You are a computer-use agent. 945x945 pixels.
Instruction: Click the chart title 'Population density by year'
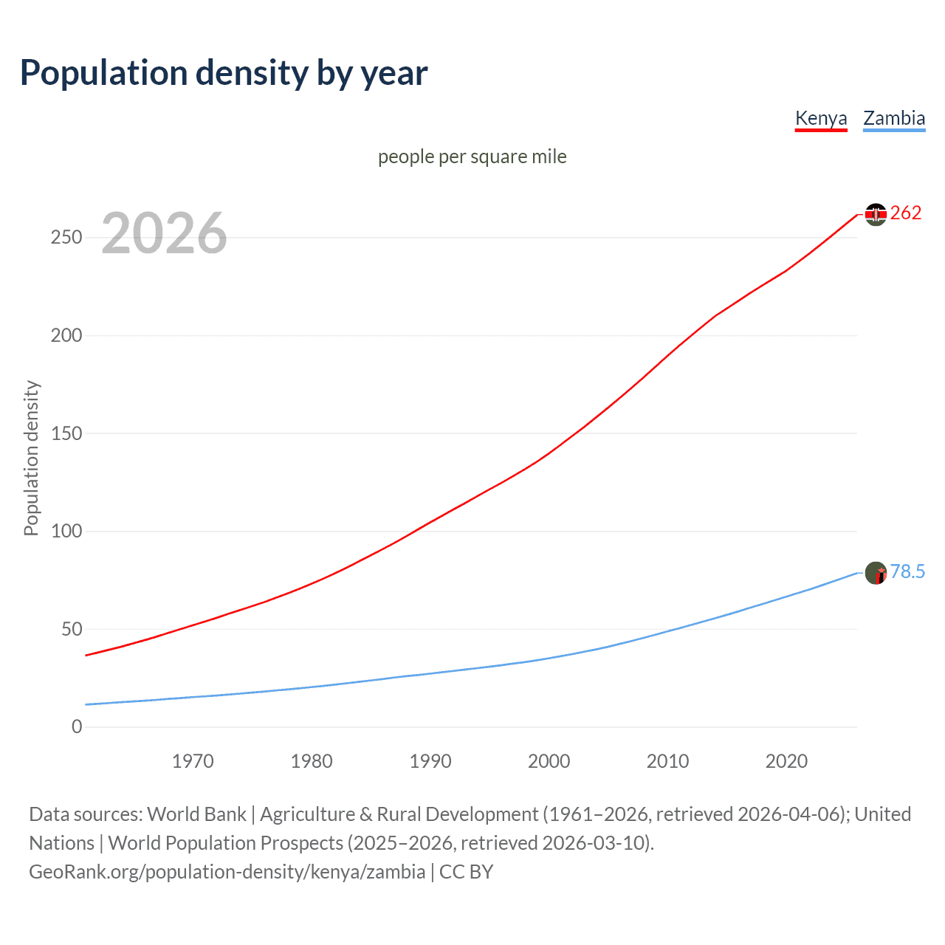pos(224,73)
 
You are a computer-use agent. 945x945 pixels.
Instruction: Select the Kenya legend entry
pos(820,118)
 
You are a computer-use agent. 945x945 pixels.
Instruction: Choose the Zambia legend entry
pos(893,118)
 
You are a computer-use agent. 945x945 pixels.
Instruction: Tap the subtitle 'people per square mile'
pos(472,157)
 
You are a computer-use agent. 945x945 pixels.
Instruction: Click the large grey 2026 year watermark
pos(164,233)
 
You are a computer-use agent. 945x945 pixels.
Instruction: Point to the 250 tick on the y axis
pos(66,238)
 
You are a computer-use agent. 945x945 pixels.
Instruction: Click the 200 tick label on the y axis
pos(66,335)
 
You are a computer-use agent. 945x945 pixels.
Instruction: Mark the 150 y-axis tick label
pos(66,433)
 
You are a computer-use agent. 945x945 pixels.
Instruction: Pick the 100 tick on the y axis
pos(66,532)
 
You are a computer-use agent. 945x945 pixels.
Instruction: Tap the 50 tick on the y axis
pos(72,629)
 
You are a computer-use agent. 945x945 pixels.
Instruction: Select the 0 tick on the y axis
pos(77,727)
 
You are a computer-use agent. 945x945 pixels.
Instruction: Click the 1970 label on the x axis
pos(193,761)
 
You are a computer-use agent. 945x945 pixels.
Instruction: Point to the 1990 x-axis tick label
pos(430,761)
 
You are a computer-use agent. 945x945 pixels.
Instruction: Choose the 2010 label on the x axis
pos(667,761)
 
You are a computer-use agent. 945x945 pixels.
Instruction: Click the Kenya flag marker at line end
pos(876,214)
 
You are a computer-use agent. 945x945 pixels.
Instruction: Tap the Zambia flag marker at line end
pos(876,573)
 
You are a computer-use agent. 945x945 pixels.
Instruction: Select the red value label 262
pos(906,213)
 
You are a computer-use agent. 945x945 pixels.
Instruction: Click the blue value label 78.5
pos(907,572)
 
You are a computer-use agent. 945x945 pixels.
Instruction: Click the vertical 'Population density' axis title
pos(31,458)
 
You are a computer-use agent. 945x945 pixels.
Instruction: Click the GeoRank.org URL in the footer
pos(227,872)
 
